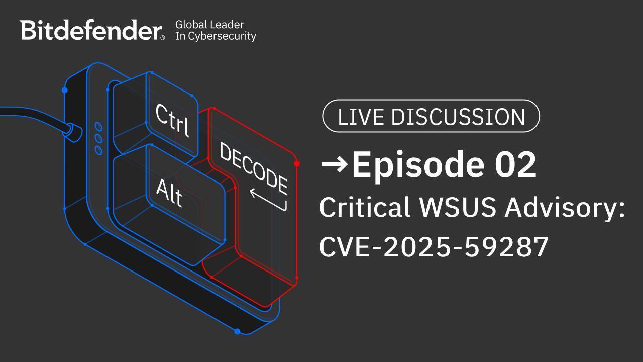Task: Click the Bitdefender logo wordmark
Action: tap(91, 30)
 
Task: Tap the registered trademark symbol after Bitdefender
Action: tap(163, 38)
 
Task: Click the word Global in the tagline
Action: tap(188, 25)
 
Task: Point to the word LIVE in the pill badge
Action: tap(361, 117)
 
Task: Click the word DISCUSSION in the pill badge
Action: tap(458, 117)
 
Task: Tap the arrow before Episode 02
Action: tap(335, 164)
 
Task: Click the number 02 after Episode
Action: tap(515, 165)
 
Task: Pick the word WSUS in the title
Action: tap(458, 207)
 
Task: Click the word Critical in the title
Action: tap(365, 206)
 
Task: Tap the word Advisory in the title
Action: tap(561, 209)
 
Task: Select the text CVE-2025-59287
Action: tap(434, 247)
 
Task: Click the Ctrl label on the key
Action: tap(172, 120)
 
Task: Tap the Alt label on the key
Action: tap(169, 193)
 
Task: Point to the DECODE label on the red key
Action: tap(254, 169)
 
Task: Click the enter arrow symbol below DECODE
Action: tap(268, 200)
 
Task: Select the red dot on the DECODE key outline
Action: tap(297, 164)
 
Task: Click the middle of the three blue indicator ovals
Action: tap(98, 138)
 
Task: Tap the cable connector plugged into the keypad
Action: tap(73, 132)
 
